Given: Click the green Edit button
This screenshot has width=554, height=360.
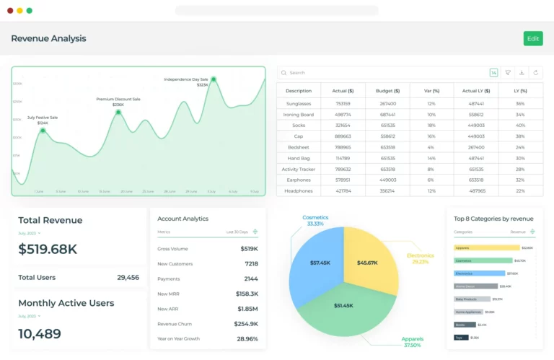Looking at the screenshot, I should (533, 38).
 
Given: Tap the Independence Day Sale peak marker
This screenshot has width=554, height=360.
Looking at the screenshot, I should (214, 79).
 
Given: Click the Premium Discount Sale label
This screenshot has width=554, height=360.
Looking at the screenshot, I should (118, 99).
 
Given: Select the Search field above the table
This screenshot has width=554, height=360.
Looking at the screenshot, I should (382, 73).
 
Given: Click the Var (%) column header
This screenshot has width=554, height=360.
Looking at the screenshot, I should (431, 91).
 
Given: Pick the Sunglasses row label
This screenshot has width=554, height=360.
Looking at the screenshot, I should (299, 104).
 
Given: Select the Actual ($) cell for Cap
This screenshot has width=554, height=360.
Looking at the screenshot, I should (343, 136).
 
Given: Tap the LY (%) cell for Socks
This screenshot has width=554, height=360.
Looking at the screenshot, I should (520, 126).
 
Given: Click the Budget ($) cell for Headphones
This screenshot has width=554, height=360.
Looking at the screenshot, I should (387, 190).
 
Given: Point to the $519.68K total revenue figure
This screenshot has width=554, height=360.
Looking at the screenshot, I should (48, 249).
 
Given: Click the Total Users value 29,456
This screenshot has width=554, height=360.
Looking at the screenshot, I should (128, 277).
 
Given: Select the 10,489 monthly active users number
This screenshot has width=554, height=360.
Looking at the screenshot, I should (40, 333).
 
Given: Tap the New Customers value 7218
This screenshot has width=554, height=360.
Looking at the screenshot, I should (251, 263).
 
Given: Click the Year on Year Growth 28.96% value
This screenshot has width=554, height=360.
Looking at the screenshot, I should (247, 338).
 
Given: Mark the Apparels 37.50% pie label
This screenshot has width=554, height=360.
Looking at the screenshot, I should (413, 342).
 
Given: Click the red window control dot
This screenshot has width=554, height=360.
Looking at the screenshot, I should (10, 11).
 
